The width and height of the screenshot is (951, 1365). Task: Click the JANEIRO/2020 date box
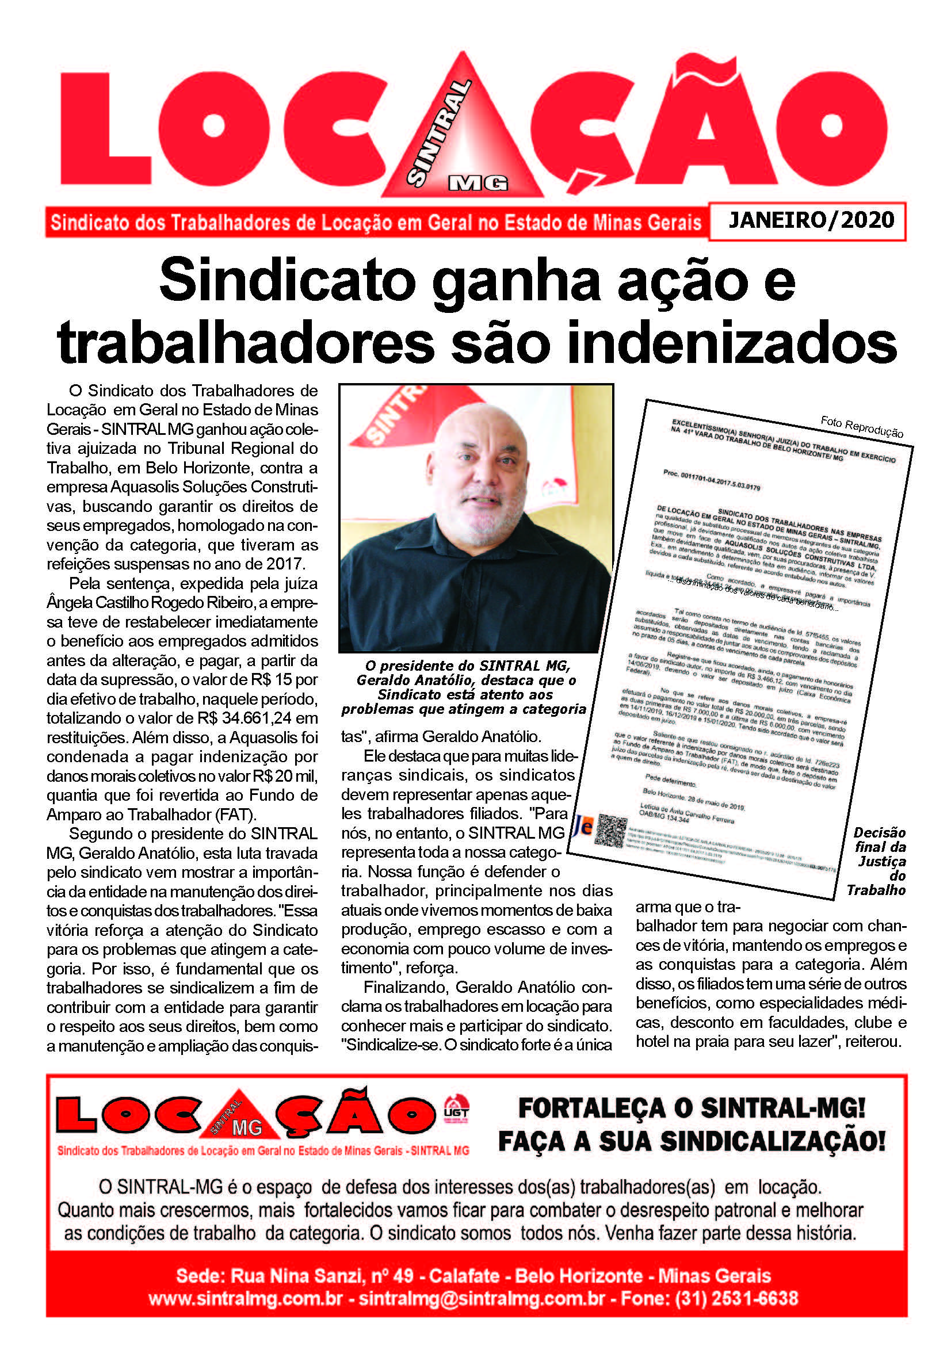tap(811, 220)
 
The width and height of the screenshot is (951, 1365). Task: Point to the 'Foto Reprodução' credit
tap(861, 426)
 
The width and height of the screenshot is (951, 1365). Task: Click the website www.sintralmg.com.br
tap(245, 1298)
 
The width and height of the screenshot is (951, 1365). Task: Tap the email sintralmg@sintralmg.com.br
tap(482, 1298)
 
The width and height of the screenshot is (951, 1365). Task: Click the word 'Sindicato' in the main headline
tap(287, 281)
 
